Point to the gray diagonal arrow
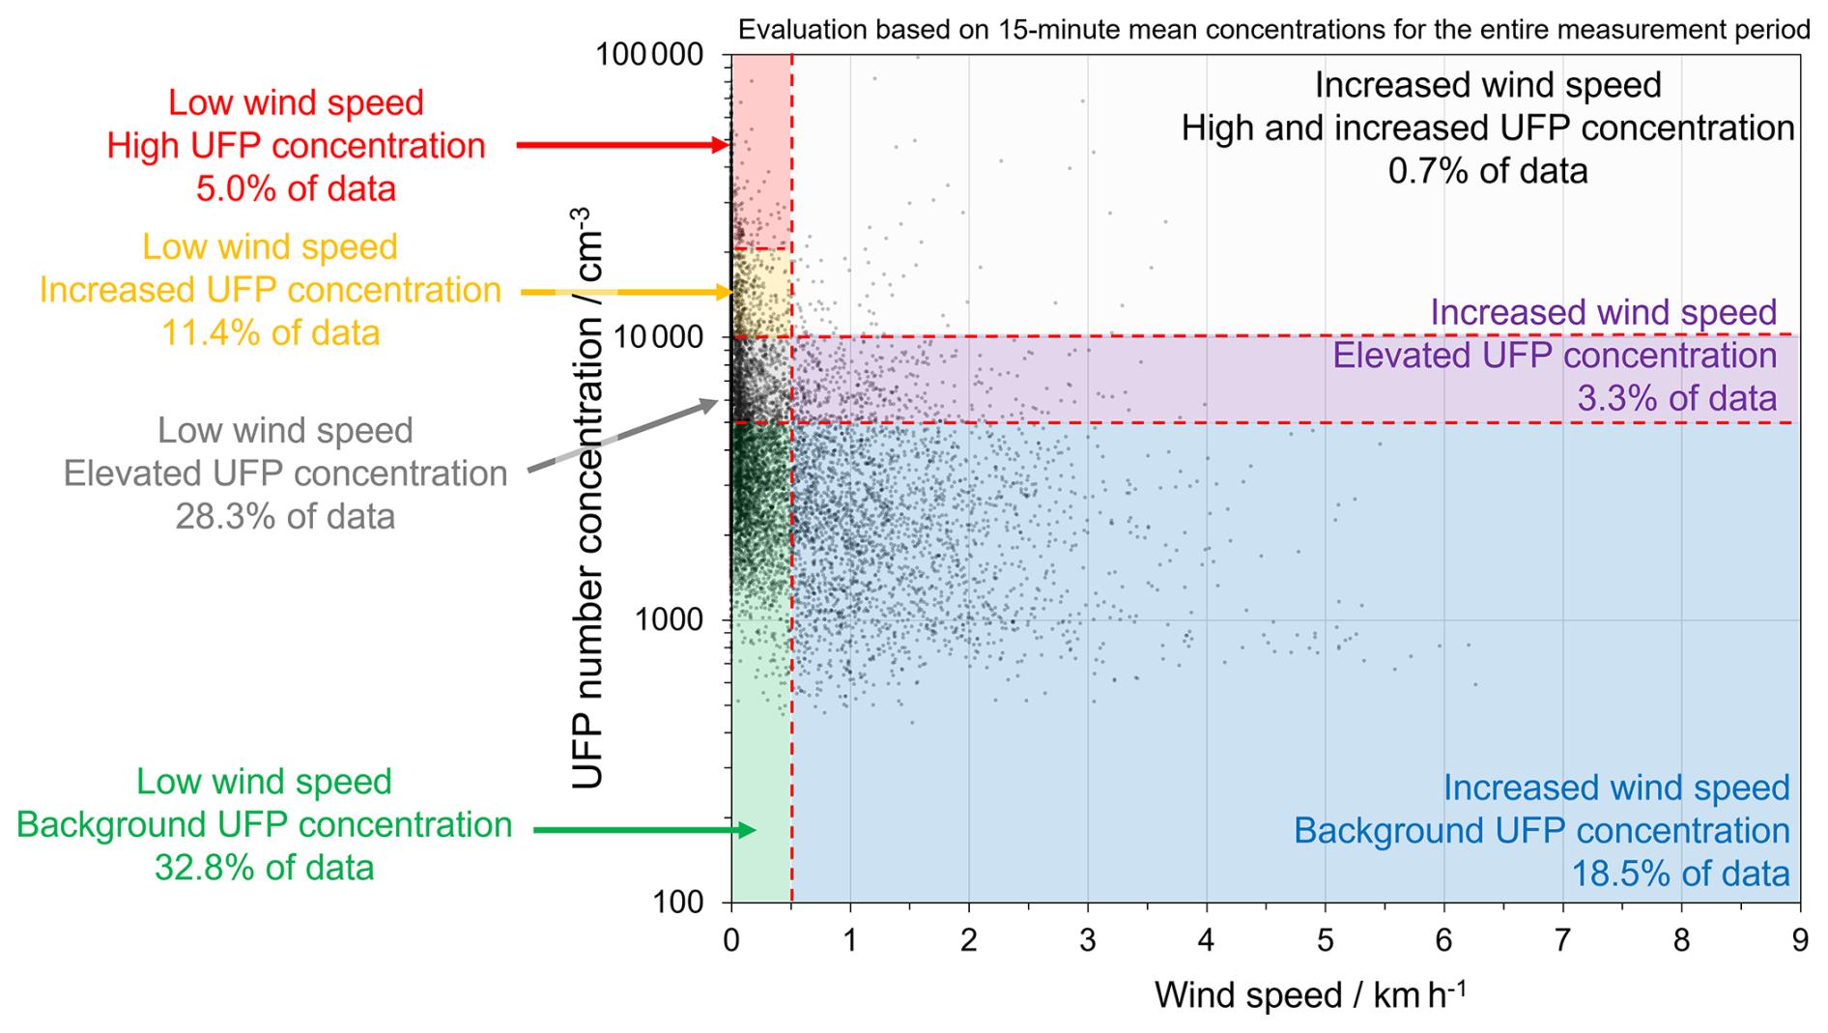[623, 436]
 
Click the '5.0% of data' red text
[296, 188]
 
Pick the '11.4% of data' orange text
[271, 333]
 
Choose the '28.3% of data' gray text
[285, 517]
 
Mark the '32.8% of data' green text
[264, 868]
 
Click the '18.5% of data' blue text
[1680, 874]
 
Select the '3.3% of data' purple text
[1676, 398]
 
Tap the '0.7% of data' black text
[1488, 171]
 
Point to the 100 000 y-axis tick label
[649, 54]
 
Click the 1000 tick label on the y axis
[669, 619]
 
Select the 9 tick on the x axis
[1799, 940]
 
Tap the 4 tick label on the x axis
[1206, 940]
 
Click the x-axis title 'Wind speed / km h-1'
[1309, 995]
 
